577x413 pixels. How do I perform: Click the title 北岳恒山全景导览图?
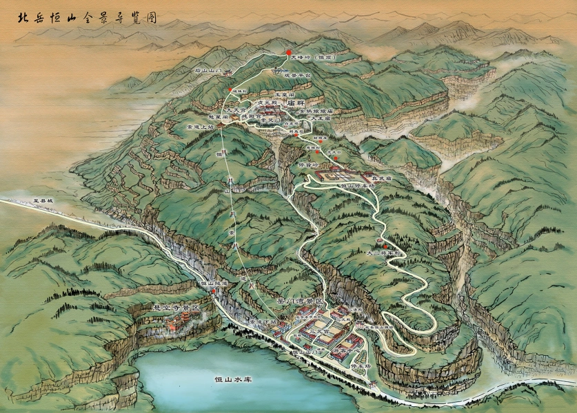click(x=83, y=17)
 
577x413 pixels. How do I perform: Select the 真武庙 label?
click(x=378, y=176)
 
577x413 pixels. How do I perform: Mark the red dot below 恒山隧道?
click(x=213, y=291)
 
